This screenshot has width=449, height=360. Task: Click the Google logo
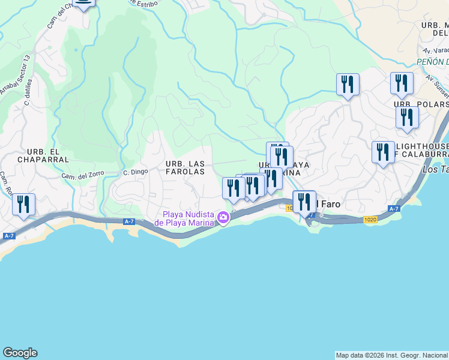20,353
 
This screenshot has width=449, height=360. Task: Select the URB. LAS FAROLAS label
185,167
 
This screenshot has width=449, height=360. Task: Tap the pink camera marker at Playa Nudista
223,218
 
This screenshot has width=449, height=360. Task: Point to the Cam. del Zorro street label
83,175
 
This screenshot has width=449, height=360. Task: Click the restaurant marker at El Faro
304,202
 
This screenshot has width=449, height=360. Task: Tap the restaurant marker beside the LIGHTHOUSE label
383,152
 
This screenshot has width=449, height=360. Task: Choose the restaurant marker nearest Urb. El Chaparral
24,205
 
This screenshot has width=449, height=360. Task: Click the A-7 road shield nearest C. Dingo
128,221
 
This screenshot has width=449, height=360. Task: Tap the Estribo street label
144,3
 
